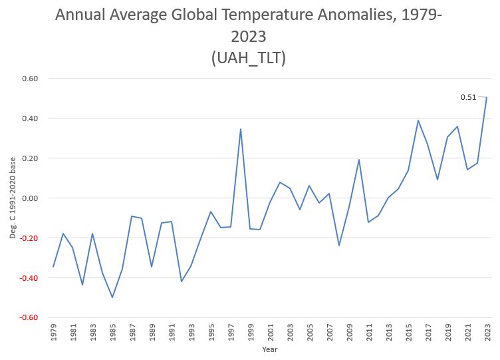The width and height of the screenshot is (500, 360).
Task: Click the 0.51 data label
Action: [468, 97]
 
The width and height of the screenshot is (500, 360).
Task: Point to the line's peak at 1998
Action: [240, 129]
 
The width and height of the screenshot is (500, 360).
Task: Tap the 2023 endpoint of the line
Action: [487, 97]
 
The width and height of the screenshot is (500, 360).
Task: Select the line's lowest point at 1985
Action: [112, 297]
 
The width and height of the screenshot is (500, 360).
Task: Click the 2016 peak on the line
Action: [418, 120]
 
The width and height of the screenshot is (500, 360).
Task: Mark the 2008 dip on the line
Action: [339, 246]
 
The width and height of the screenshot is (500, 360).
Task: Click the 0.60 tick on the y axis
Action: [30, 79]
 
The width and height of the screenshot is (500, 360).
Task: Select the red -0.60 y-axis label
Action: [29, 317]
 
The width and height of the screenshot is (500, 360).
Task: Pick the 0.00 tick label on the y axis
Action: [30, 198]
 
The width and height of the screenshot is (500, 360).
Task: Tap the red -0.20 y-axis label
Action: [29, 238]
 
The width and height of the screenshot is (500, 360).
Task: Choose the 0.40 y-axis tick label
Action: [30, 118]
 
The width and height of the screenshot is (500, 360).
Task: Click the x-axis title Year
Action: [269, 349]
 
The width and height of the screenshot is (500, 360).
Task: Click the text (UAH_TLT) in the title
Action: [249, 58]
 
